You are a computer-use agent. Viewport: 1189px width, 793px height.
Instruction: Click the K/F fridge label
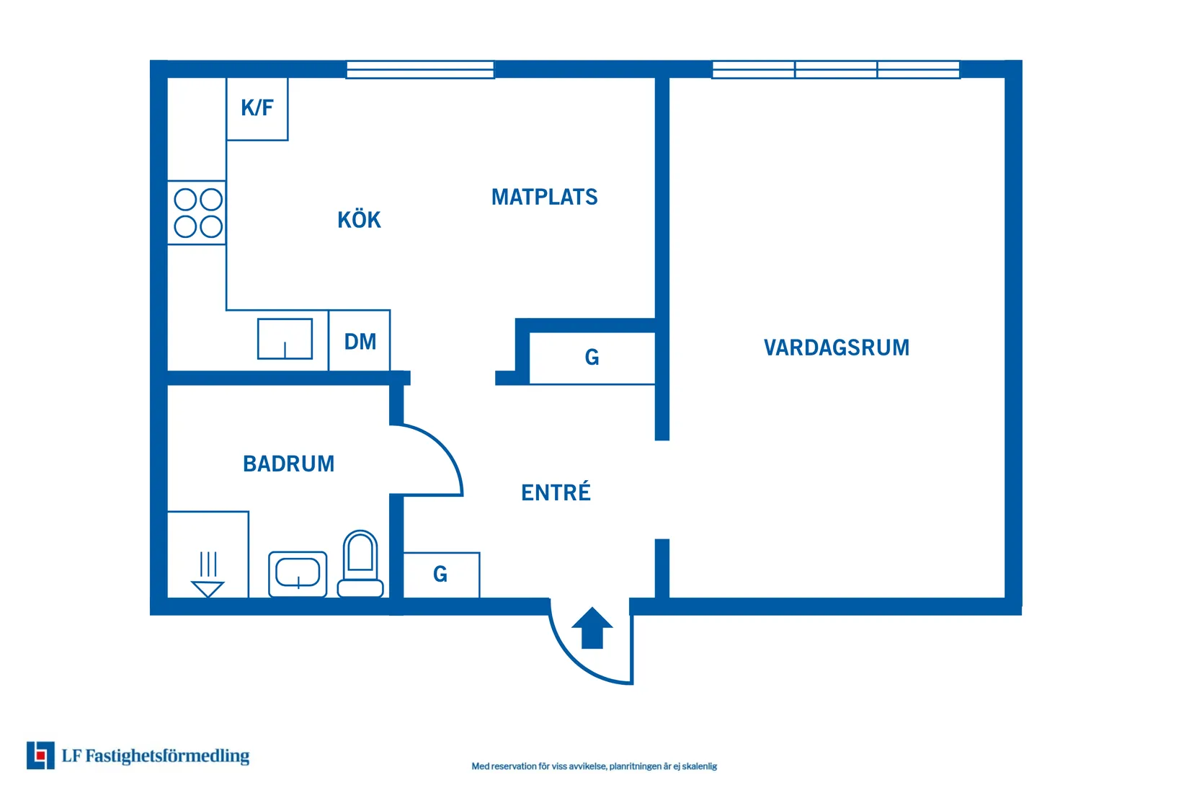click(257, 108)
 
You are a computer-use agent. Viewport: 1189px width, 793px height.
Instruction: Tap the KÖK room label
click(360, 220)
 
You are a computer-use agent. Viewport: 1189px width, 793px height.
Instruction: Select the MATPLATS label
click(545, 197)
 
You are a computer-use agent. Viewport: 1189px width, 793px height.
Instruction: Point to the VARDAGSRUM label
click(837, 348)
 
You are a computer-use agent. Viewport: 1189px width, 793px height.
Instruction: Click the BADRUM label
click(289, 464)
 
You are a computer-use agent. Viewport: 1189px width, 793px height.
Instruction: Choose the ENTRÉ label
click(556, 492)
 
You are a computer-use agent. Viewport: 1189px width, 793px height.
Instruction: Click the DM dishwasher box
click(360, 340)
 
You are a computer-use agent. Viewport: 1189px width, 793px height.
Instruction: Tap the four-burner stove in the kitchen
click(197, 213)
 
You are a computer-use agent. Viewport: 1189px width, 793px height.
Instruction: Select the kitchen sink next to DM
click(285, 339)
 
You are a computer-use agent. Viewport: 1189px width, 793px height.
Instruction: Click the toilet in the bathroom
click(360, 564)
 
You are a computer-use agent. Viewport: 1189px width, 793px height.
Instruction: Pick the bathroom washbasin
click(298, 575)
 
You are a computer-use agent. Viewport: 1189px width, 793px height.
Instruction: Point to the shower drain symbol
click(208, 575)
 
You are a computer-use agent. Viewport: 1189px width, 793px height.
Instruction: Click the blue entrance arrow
click(592, 628)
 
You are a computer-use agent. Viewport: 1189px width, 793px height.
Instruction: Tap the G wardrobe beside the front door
click(442, 575)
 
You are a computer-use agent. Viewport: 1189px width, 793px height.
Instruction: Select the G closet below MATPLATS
click(592, 358)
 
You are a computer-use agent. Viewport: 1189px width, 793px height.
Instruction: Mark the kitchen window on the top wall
click(420, 70)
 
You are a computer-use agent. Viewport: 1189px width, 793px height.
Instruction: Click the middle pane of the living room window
click(836, 70)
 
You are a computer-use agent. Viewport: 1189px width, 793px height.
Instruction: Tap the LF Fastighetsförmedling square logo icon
click(40, 756)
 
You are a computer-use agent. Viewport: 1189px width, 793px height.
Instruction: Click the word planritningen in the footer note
click(635, 766)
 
